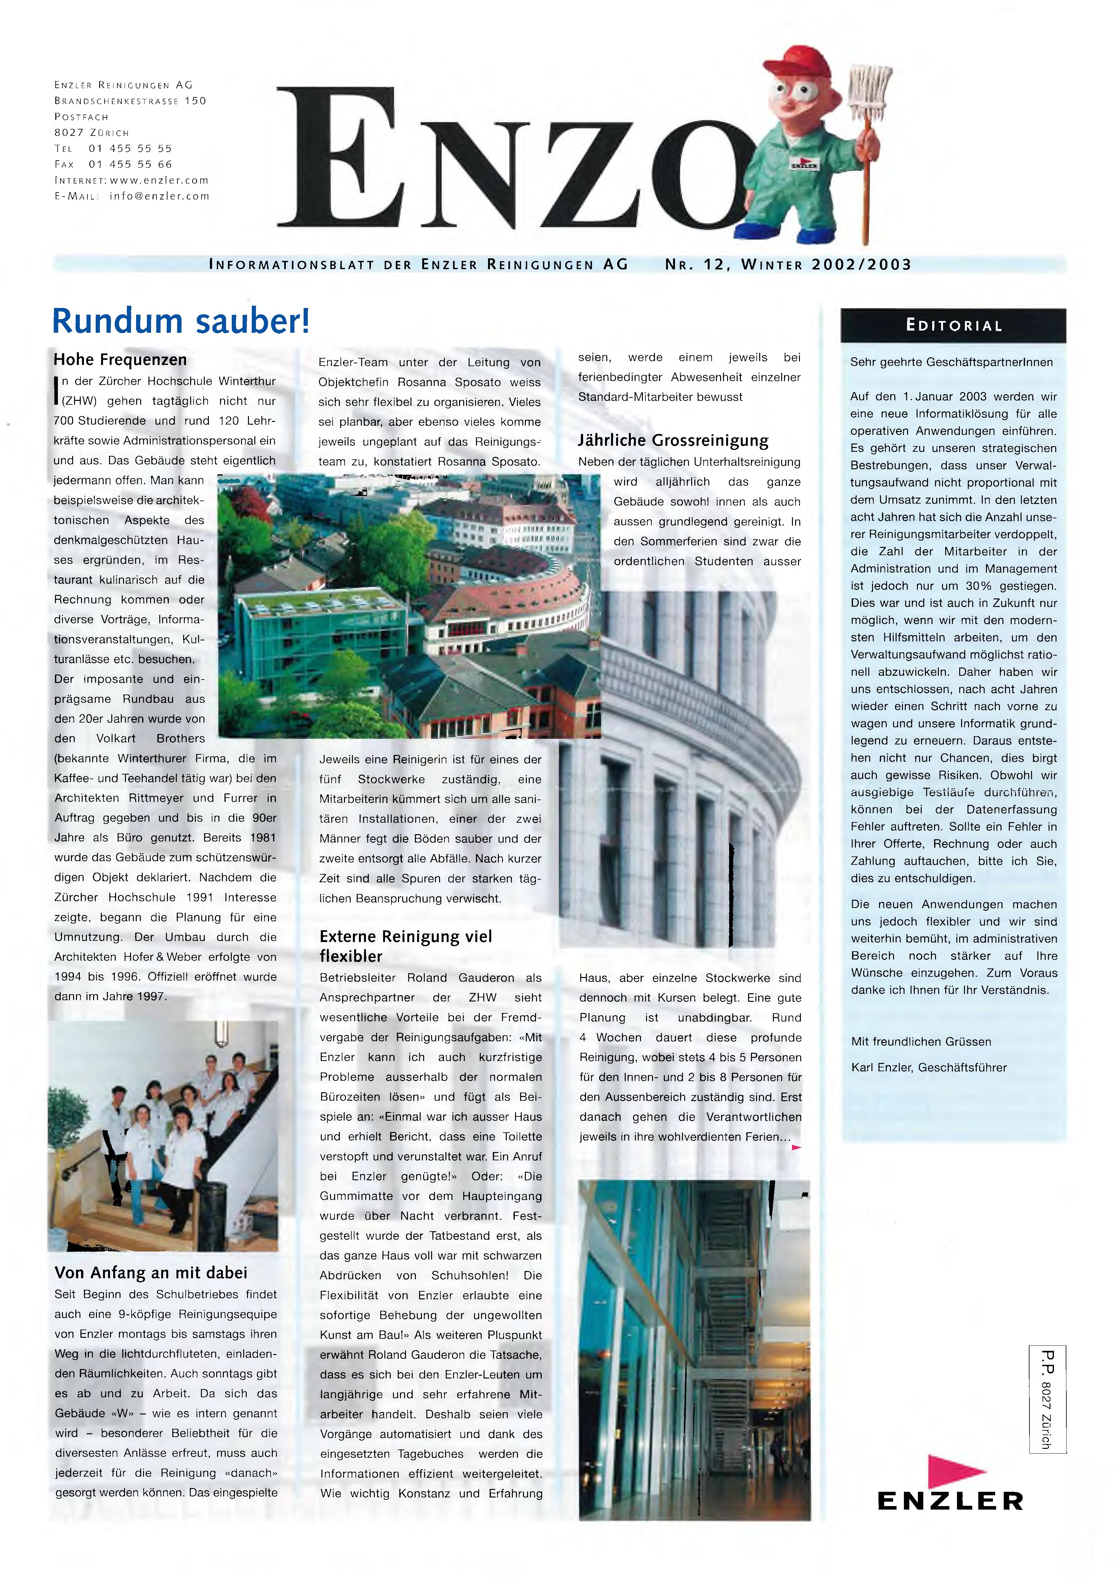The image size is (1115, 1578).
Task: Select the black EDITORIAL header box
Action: point(953,326)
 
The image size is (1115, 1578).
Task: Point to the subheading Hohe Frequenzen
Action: point(120,360)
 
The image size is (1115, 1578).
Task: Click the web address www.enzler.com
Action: point(159,180)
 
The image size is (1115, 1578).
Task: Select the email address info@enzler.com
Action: point(159,196)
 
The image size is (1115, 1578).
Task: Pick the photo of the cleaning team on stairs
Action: point(163,1136)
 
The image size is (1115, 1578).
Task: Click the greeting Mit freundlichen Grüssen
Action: point(920,1041)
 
